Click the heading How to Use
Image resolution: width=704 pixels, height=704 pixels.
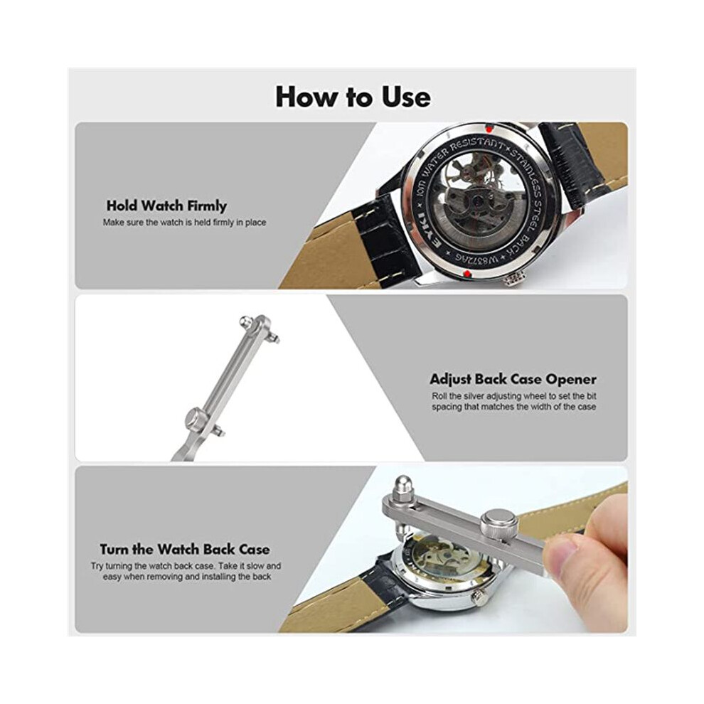(x=353, y=97)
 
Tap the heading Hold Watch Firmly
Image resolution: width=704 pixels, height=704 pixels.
(x=166, y=206)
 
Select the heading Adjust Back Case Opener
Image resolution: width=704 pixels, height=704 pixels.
(x=513, y=380)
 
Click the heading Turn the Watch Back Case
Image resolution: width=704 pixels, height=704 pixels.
(x=185, y=550)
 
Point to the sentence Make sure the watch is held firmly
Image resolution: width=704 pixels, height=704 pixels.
(x=184, y=223)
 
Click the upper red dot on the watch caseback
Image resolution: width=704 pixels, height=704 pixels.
(x=489, y=128)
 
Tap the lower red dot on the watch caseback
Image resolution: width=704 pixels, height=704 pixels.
(x=466, y=274)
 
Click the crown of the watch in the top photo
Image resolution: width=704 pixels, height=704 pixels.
(x=513, y=279)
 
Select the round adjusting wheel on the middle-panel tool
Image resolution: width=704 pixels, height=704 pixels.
(x=196, y=418)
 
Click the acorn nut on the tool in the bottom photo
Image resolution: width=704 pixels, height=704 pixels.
(x=402, y=486)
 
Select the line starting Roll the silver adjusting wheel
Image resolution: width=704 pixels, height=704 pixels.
(x=514, y=397)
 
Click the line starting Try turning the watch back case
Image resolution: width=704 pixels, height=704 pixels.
(x=186, y=566)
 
